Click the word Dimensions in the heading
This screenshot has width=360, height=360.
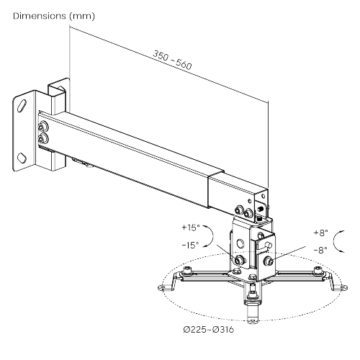35,15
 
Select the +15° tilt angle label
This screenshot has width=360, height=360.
192,229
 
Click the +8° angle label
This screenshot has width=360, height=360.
320,233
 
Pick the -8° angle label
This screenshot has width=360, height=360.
320,249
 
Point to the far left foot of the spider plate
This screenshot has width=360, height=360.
165,282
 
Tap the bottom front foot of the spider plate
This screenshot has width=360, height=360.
253,317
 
